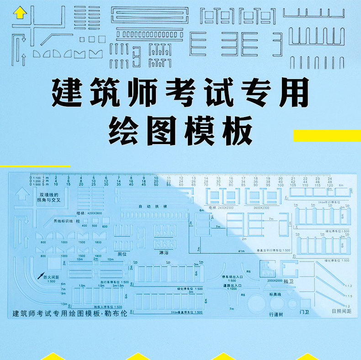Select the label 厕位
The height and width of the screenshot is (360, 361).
coord(122,253)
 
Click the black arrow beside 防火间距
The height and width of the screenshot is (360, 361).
coord(40,276)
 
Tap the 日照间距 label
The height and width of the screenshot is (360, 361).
coord(340,312)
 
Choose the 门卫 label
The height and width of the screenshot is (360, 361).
coord(305,311)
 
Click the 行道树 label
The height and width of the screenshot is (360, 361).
coord(277,314)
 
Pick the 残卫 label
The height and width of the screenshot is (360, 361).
coord(289,282)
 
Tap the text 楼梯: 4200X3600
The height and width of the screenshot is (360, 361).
coord(90,213)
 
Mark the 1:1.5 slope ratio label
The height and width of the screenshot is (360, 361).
coord(349,296)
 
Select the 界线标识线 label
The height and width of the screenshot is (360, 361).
coord(64,221)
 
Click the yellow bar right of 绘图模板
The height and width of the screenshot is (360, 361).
coord(326,135)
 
